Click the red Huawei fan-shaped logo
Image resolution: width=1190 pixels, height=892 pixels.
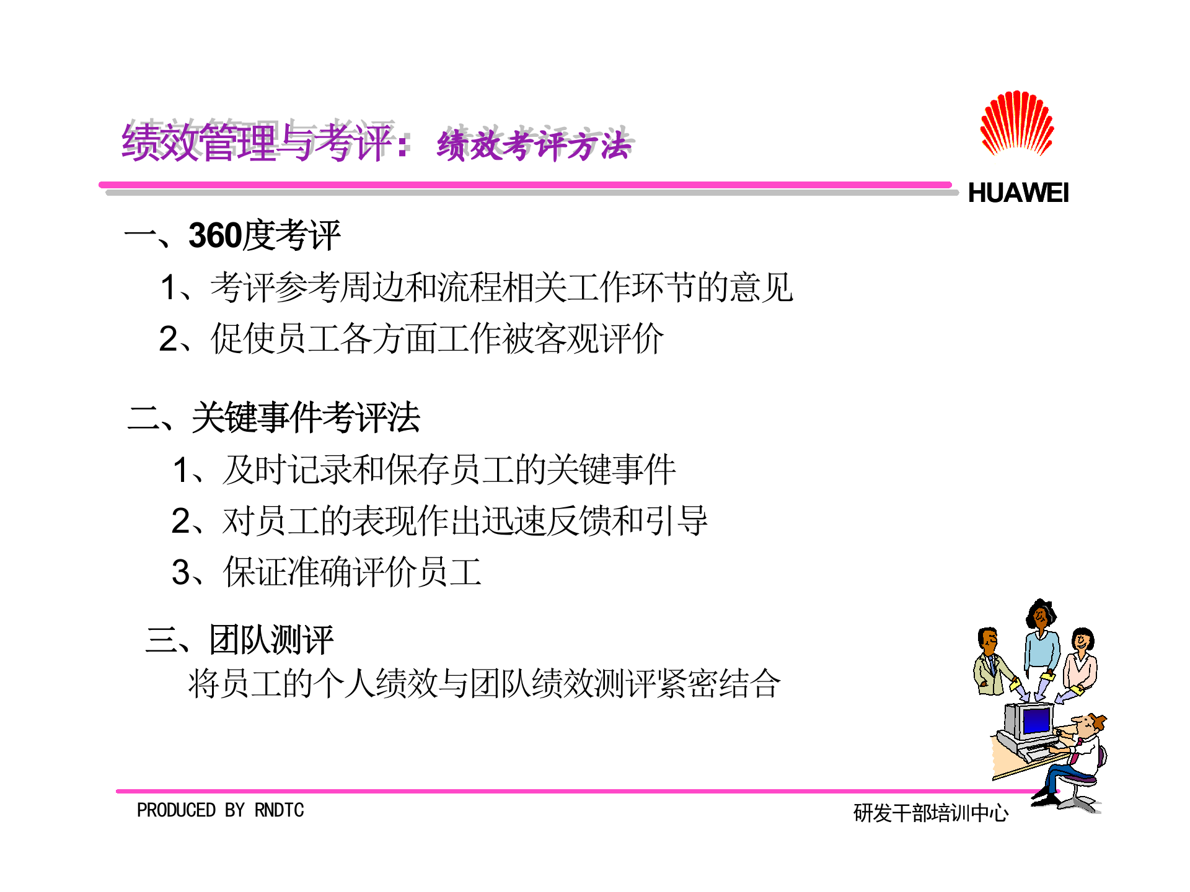coord(1016,124)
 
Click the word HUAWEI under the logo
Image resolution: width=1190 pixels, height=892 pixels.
coord(1018,193)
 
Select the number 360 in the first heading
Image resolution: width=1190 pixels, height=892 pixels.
coord(215,236)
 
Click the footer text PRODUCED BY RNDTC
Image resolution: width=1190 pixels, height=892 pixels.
coord(220,810)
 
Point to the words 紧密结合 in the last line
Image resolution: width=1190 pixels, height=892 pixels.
coord(719,684)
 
